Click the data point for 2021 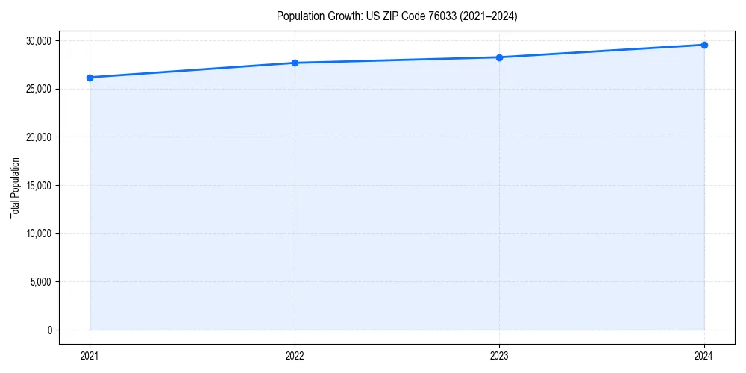(x=90, y=78)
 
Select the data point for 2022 (x=295, y=63)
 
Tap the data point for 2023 (x=499, y=57)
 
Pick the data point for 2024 (x=704, y=45)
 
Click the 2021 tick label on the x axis (x=90, y=355)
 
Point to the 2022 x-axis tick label (x=295, y=355)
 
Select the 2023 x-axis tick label (x=499, y=355)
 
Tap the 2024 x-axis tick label (x=704, y=355)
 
